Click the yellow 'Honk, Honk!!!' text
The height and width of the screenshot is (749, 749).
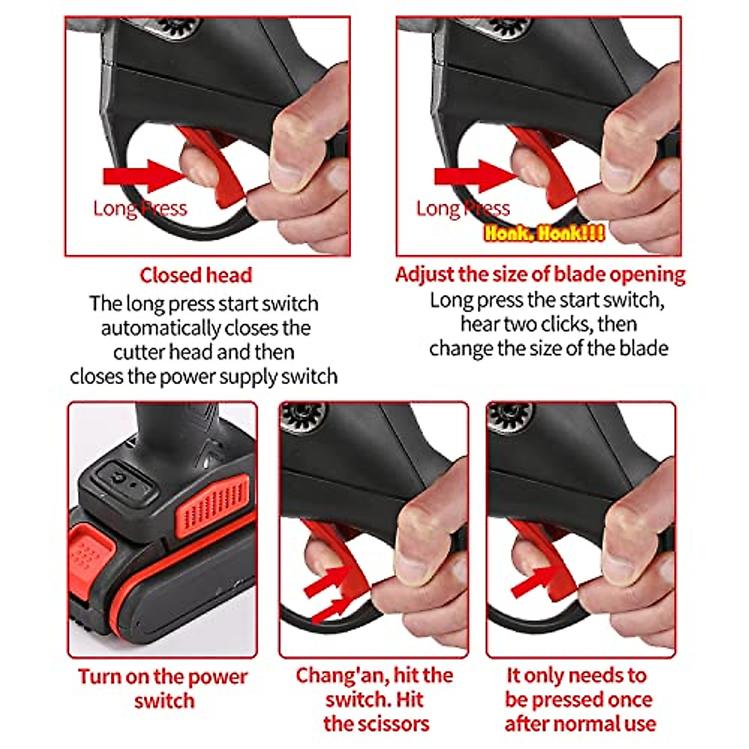[x=544, y=233]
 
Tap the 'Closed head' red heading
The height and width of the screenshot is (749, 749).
[x=195, y=275]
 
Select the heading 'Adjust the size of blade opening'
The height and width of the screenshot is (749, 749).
[x=540, y=275]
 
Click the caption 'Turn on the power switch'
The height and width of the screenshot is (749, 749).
[x=164, y=688]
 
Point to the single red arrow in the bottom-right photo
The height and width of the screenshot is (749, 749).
[x=534, y=582]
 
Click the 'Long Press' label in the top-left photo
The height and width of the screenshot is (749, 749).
[x=140, y=208]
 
